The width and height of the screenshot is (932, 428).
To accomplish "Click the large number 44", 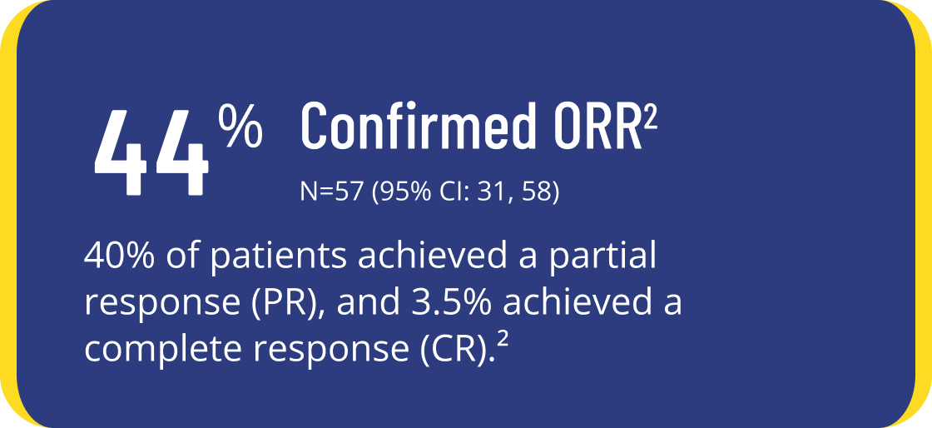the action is pyautogui.click(x=151, y=153).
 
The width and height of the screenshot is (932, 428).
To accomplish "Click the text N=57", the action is pyautogui.click(x=332, y=193).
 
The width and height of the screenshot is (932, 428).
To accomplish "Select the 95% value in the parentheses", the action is pyautogui.click(x=405, y=193).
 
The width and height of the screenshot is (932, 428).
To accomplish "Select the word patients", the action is pyautogui.click(x=279, y=257).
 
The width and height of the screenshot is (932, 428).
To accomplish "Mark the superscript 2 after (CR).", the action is pyautogui.click(x=503, y=341).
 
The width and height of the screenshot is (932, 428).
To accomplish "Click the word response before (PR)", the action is pyautogui.click(x=164, y=306).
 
